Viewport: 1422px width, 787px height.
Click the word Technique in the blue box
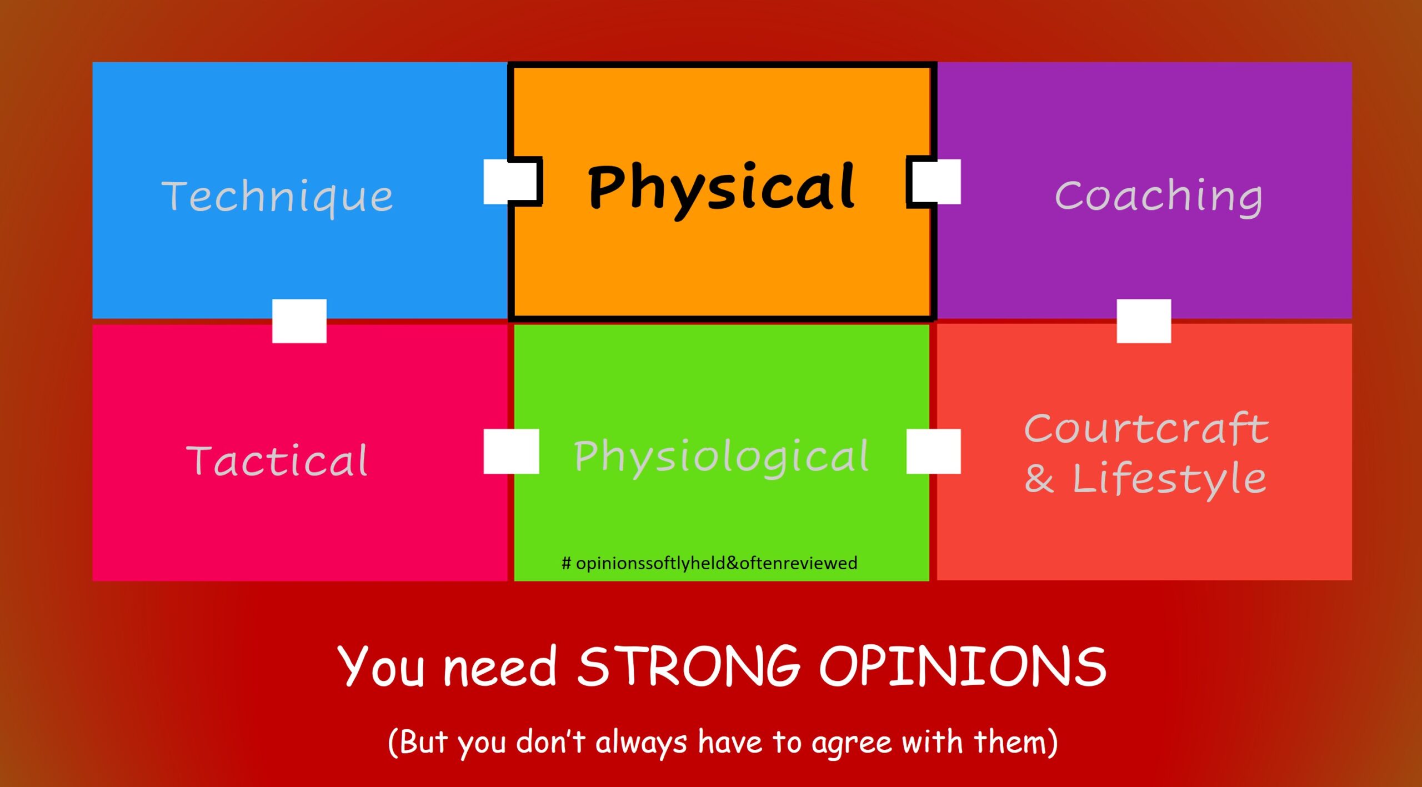pos(277,197)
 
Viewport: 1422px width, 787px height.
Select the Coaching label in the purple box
pos(1159,197)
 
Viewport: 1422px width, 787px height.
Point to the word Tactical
pos(277,460)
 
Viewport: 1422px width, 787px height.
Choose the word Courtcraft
pos(1146,429)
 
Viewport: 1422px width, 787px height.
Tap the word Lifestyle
pos(1169,479)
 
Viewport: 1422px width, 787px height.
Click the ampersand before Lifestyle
pos(1039,478)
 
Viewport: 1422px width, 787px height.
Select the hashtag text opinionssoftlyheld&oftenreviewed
pos(709,563)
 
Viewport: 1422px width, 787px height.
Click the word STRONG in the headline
pos(688,666)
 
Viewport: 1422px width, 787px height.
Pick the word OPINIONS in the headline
pos(963,666)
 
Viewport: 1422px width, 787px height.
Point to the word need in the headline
pos(500,667)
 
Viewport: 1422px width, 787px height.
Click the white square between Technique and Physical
pos(512,182)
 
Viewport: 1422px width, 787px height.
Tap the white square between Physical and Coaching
pos(933,182)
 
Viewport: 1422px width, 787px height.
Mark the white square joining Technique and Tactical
pos(299,321)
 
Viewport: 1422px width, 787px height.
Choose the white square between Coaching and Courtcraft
pos(1144,321)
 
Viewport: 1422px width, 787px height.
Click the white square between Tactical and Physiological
pos(512,451)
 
